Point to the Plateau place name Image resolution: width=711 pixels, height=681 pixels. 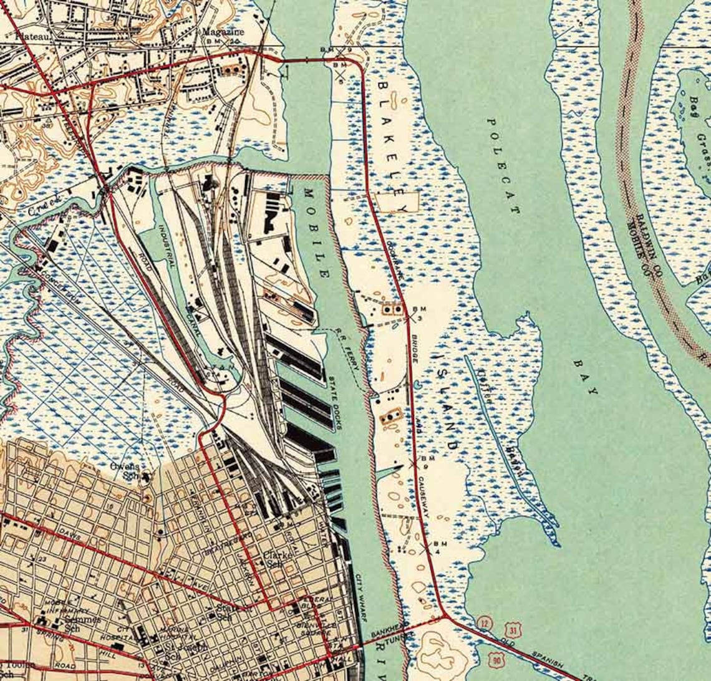click(17, 36)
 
